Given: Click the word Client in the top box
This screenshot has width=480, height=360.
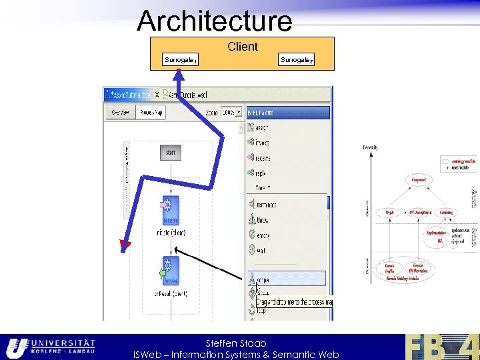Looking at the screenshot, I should point(243,47).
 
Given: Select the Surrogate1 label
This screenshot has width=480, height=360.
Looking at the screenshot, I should point(180,61).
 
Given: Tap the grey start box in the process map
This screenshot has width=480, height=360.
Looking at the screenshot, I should point(171,153).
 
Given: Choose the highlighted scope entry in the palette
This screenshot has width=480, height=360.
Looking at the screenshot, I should point(287,279).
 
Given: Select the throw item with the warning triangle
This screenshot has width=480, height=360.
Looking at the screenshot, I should point(262,219).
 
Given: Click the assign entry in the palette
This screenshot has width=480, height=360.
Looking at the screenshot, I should point(262,127).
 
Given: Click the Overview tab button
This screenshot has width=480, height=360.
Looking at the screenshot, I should point(121,113).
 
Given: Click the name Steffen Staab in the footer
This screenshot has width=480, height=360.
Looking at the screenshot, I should point(236,343).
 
